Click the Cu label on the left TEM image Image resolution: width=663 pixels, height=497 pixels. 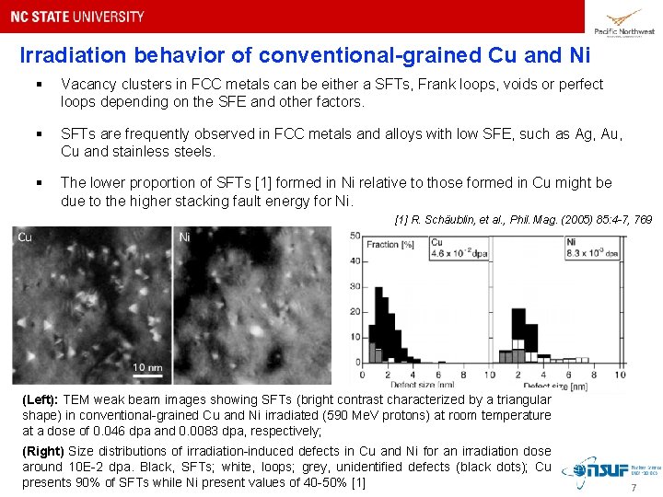coord(25,237)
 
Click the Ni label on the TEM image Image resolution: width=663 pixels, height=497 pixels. coord(184,237)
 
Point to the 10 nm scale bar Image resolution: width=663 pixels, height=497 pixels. coord(147,369)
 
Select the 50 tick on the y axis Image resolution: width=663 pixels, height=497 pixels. coord(355,237)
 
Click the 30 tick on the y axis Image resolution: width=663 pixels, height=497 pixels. coord(355,287)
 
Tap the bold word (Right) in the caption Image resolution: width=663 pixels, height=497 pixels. coord(42,451)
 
